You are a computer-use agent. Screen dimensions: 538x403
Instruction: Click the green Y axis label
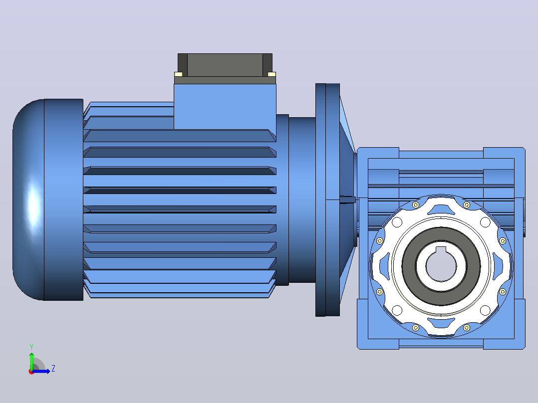click(x=31, y=347)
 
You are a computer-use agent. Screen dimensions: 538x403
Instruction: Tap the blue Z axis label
click(x=53, y=369)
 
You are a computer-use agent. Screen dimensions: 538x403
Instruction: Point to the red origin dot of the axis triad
click(x=31, y=372)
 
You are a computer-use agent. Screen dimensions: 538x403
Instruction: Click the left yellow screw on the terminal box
click(x=179, y=74)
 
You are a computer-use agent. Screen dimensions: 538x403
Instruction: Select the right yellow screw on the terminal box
click(x=271, y=74)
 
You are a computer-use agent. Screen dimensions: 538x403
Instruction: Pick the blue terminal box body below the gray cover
click(x=225, y=107)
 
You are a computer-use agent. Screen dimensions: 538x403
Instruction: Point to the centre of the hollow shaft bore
click(x=441, y=266)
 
